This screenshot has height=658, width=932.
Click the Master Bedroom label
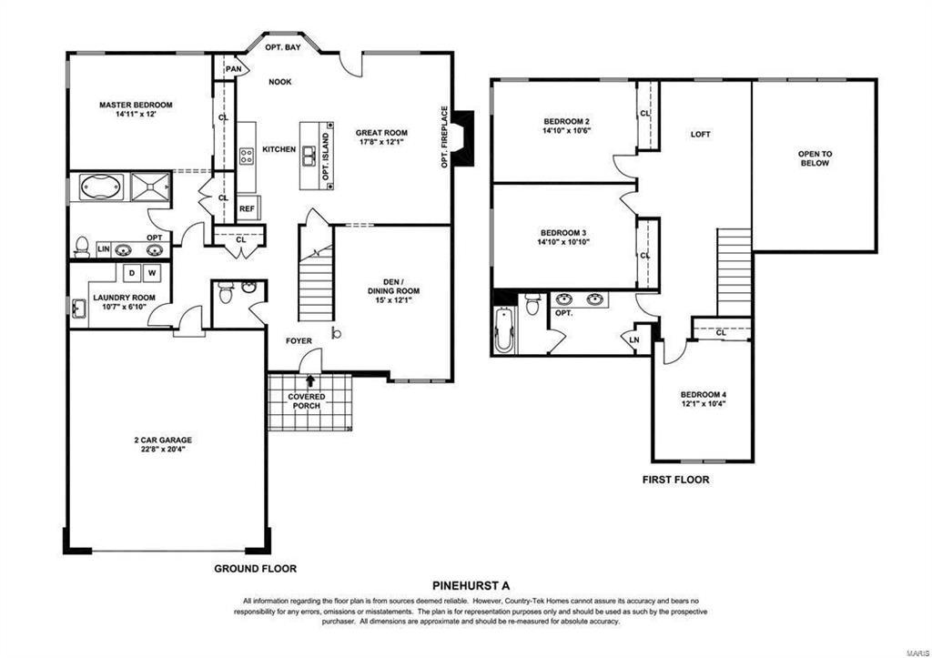click(x=136, y=105)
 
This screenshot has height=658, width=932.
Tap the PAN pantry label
click(x=234, y=69)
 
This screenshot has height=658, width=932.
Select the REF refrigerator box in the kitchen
click(x=247, y=208)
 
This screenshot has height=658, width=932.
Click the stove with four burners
click(x=247, y=156)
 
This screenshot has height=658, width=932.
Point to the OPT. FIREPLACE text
click(x=444, y=137)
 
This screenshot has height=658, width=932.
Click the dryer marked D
click(x=131, y=273)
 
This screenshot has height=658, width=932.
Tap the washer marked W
click(x=152, y=273)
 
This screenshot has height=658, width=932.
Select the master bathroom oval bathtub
click(x=101, y=186)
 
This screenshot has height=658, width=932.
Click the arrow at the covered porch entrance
click(x=310, y=381)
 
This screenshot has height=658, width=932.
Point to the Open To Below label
click(x=815, y=158)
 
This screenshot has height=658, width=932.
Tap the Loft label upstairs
click(x=700, y=135)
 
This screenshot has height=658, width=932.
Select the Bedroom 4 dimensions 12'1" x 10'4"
click(x=704, y=403)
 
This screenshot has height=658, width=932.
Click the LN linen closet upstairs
click(x=634, y=340)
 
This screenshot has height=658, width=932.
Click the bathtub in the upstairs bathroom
click(x=503, y=330)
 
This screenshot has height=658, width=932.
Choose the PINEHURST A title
click(x=471, y=585)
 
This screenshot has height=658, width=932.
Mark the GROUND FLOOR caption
click(x=255, y=569)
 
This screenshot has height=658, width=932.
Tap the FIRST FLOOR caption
click(x=676, y=480)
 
